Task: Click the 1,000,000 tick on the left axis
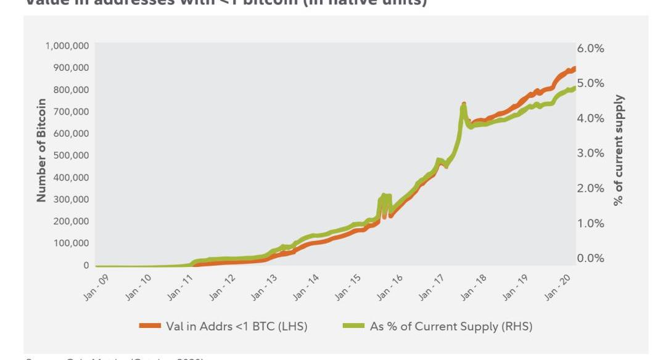pyautogui.click(x=67, y=46)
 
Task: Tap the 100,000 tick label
pyautogui.click(x=72, y=243)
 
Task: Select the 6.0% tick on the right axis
pyautogui.click(x=590, y=48)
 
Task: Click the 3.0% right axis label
pyautogui.click(x=590, y=153)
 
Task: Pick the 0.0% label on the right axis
pyautogui.click(x=590, y=258)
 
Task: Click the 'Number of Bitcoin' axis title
pyautogui.click(x=41, y=150)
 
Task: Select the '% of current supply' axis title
pyautogui.click(x=619, y=150)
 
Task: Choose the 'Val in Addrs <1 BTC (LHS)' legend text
pyautogui.click(x=237, y=326)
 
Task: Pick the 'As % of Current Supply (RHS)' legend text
pyautogui.click(x=451, y=326)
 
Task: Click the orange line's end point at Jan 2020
pyautogui.click(x=574, y=68)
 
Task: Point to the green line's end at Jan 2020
pyautogui.click(x=574, y=88)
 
